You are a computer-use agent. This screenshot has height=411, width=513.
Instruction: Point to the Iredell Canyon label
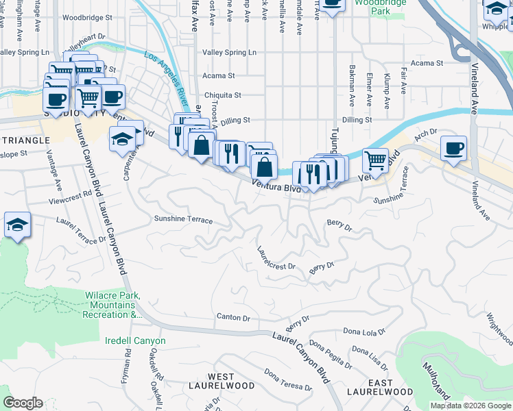pos(135,340)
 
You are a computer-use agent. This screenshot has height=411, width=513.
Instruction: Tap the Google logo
pos(23,403)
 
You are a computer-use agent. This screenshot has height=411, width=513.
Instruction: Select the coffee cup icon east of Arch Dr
pos(453,149)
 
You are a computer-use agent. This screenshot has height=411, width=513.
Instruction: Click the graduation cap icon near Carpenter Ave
pos(122,139)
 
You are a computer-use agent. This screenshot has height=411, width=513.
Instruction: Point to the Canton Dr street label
pos(233,317)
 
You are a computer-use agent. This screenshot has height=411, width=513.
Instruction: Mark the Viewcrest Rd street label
pos(70,194)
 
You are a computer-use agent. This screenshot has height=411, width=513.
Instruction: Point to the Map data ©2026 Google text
pos(470,406)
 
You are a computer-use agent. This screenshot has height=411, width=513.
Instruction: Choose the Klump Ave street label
pos(387,91)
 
